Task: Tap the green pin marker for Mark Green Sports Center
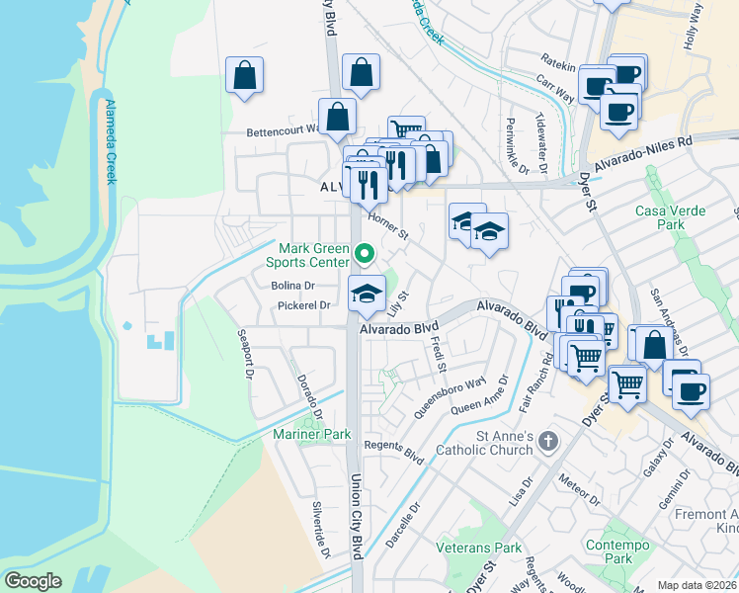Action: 364,255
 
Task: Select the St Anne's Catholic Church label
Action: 491,443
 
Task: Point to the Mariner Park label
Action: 312,434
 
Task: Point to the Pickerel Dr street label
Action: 303,305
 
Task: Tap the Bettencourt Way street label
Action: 283,129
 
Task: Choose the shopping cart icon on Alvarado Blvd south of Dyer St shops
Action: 628,382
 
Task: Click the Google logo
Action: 33,581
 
